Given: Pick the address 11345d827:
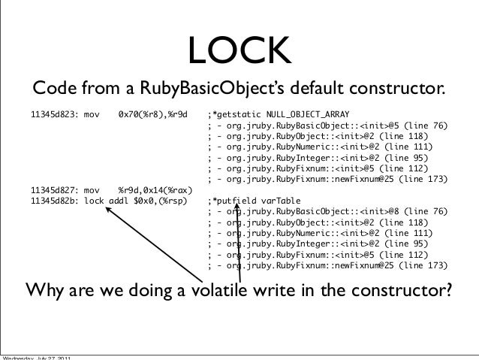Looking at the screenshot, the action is (x=54, y=189).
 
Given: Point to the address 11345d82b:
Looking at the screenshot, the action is (x=54, y=201).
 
